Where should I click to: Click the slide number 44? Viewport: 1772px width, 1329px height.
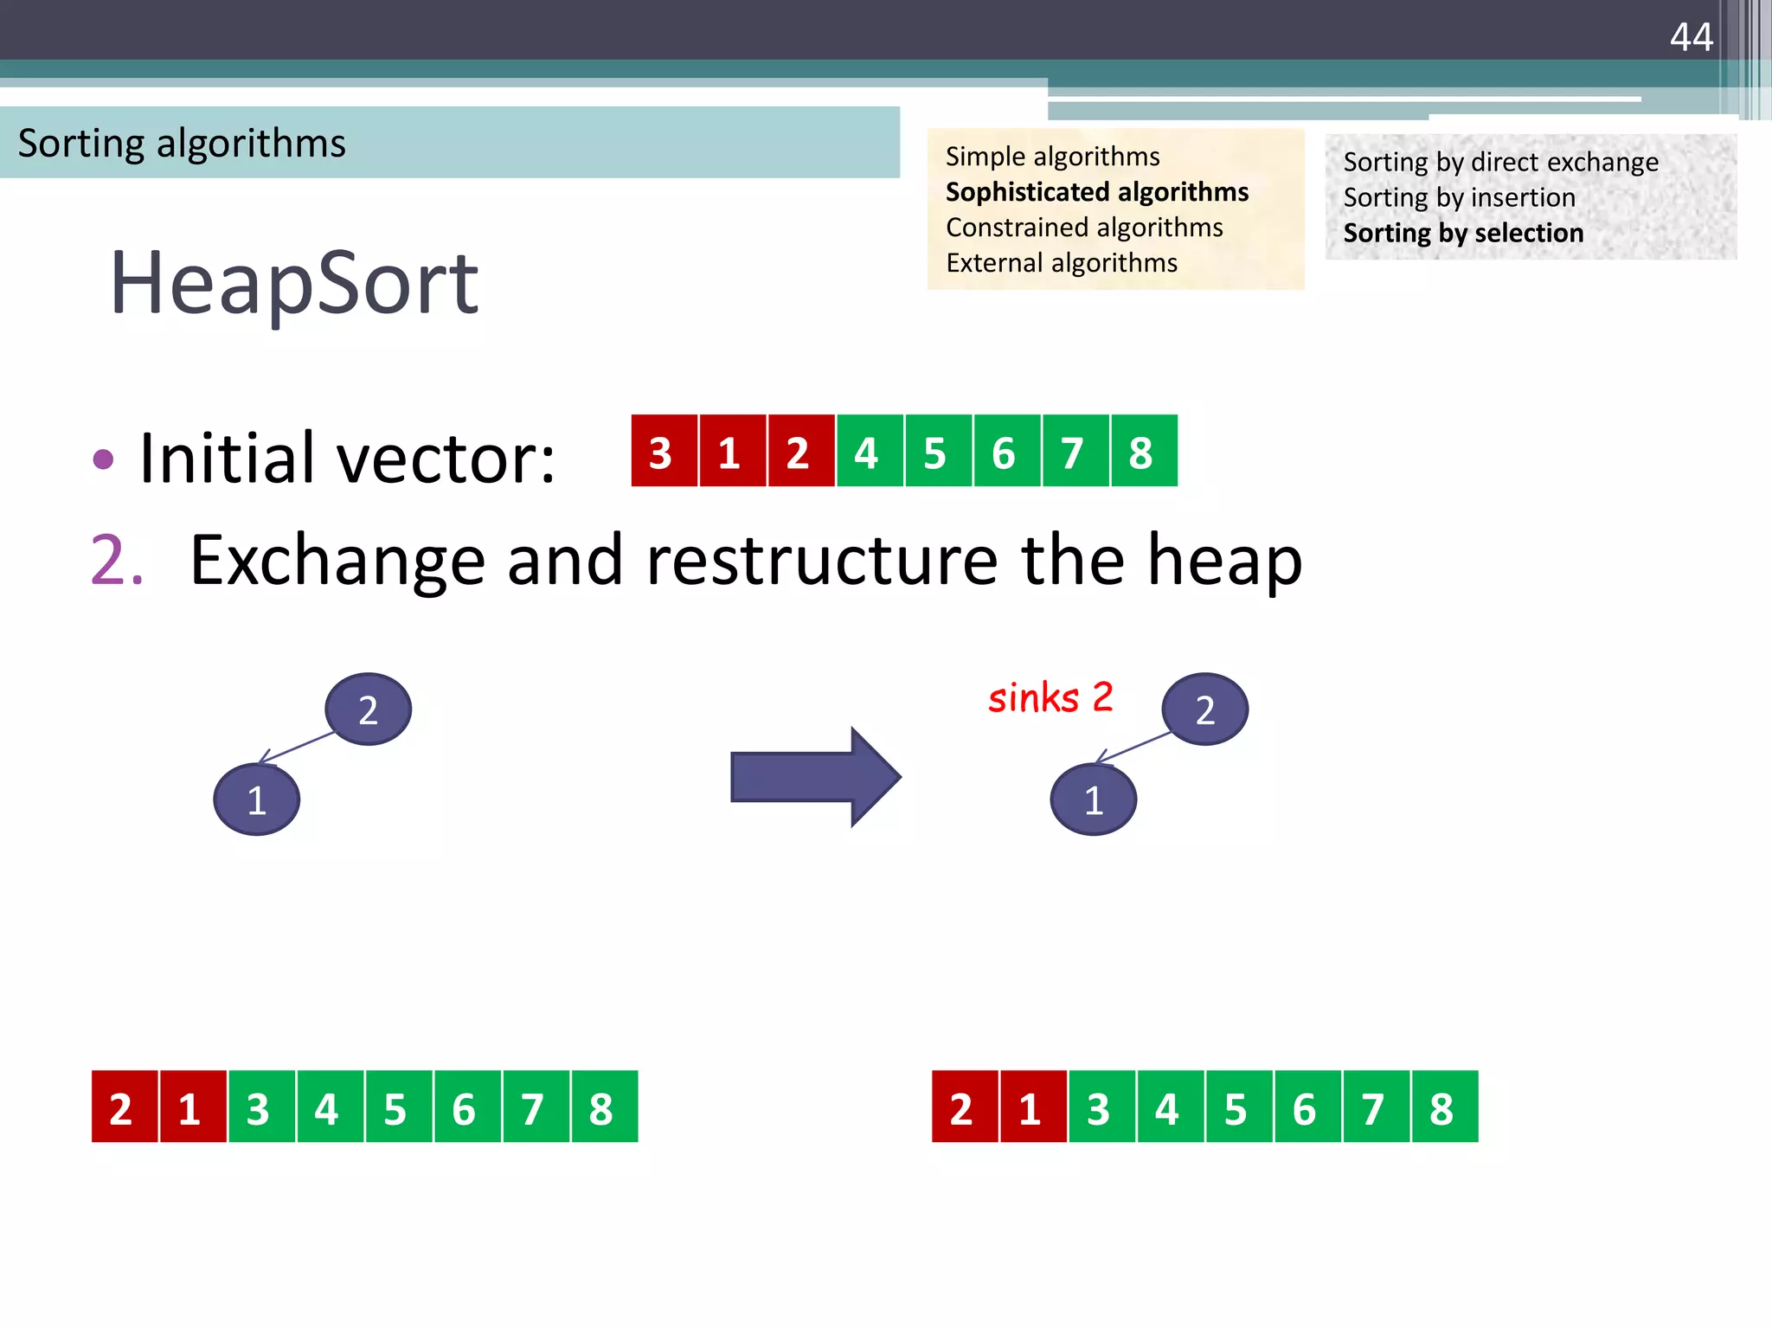tap(1691, 37)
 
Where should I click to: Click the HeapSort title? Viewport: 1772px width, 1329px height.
tap(293, 283)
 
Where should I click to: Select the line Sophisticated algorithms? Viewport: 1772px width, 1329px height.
tap(1096, 192)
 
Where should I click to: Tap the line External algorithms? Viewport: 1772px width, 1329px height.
tap(1061, 263)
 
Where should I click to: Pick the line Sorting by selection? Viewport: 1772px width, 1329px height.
tap(1462, 234)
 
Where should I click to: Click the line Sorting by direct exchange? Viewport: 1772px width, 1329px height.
tap(1500, 163)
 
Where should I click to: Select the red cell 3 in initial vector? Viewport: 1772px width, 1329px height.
tap(663, 452)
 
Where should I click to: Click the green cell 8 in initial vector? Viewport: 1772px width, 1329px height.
tap(1143, 452)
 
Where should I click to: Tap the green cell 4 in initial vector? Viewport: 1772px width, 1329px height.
tap(869, 452)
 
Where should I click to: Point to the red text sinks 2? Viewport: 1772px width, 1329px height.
tap(1050, 697)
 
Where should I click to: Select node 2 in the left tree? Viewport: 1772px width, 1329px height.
tap(368, 709)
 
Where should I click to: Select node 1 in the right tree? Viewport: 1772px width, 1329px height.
tap(1093, 799)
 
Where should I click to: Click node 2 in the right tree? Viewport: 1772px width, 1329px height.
tap(1204, 709)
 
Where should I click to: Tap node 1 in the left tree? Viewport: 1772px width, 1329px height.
tap(256, 799)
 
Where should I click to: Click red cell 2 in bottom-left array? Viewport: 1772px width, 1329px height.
tap(124, 1107)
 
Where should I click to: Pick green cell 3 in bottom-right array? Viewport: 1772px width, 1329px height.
tap(1101, 1107)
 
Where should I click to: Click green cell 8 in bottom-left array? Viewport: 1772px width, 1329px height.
tap(603, 1107)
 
